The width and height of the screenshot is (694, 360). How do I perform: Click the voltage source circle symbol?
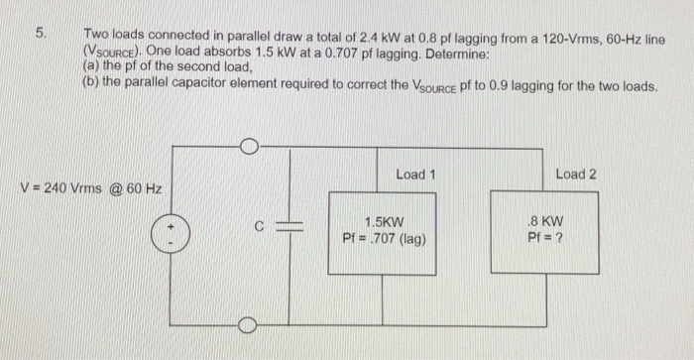pos(170,237)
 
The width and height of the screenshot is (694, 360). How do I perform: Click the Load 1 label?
pos(416,175)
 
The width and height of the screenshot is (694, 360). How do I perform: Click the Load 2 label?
pos(576,175)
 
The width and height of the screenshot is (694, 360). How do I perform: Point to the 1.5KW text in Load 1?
pos(384,223)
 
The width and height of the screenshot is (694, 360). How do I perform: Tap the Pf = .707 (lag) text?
pos(385,238)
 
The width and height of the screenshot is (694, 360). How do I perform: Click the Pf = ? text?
pos(546,238)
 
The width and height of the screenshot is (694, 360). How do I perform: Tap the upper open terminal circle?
pos(249,149)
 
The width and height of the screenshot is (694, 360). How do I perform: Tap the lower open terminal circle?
pos(249,324)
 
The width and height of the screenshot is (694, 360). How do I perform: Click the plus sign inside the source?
pos(170,229)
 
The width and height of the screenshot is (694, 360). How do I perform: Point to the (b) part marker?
pos(90,84)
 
